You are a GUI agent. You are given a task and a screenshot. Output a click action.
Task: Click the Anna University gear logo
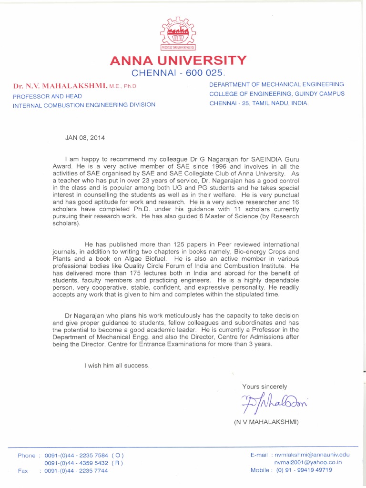pos(178,33)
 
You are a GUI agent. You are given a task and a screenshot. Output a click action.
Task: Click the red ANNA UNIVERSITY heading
pos(178,61)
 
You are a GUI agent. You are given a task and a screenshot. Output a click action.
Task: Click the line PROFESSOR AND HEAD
pos(47,96)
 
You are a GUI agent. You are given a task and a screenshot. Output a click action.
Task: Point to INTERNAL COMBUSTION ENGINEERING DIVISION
pos(84,104)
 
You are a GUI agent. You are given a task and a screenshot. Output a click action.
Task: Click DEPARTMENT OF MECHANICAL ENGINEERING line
pos(276,84)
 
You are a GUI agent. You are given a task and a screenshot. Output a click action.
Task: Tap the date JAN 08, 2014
pos(84,138)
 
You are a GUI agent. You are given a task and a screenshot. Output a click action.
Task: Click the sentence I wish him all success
pos(117,366)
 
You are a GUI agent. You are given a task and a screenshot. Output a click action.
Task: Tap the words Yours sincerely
pos(264,386)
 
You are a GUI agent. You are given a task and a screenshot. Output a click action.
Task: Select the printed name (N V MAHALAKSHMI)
pos(266,423)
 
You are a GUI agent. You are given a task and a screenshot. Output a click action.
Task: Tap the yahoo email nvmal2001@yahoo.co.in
pos(307,462)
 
